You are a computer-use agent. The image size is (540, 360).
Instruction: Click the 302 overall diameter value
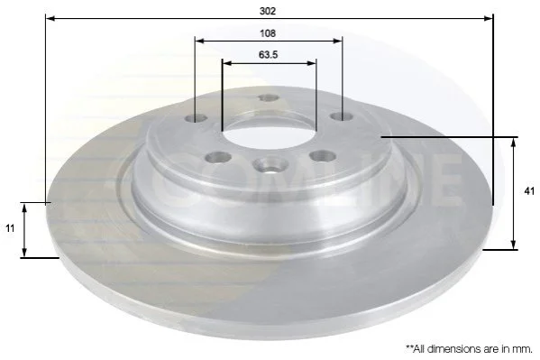[x=268, y=11]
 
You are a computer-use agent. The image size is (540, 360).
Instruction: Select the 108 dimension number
[x=268, y=33]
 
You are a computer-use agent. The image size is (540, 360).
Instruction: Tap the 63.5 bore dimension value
[x=268, y=55]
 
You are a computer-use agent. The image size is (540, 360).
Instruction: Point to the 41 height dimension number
[x=529, y=191]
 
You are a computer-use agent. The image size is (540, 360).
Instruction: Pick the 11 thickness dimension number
[x=10, y=228]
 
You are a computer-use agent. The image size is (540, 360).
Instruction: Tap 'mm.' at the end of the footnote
[x=523, y=349]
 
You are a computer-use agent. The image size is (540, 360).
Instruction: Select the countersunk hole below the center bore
[x=270, y=165]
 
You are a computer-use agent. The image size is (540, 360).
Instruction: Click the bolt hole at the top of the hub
[x=269, y=98]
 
